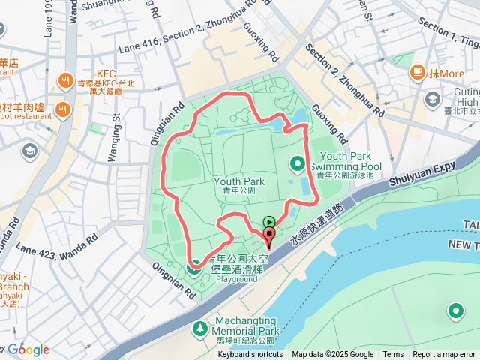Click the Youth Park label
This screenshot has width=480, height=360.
(x=239, y=181)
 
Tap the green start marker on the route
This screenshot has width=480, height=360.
(x=269, y=221)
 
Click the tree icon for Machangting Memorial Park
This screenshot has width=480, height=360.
(x=199, y=328)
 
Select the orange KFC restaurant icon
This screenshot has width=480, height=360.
(x=66, y=79)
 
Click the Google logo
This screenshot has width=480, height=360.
(x=28, y=349)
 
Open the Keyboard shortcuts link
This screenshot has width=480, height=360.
(x=250, y=355)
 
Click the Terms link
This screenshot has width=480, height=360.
(x=393, y=355)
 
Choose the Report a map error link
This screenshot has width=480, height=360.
(x=444, y=355)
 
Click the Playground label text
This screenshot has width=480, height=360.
(x=237, y=279)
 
